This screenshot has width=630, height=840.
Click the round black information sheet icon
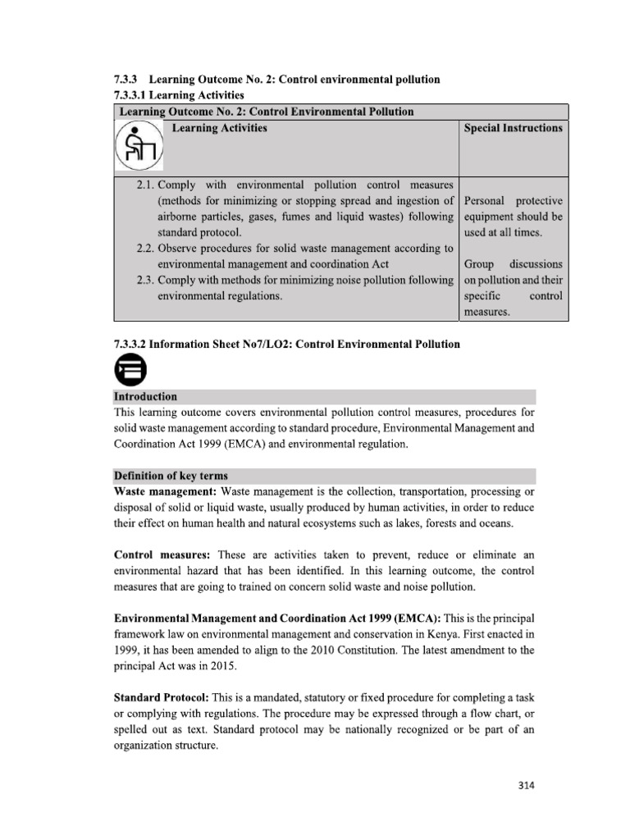tap(130, 371)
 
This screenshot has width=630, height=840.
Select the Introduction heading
tap(144, 396)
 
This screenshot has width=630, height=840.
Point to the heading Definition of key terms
tap(171, 476)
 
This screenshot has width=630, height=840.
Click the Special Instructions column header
tap(513, 128)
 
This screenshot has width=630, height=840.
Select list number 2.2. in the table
tap(145, 248)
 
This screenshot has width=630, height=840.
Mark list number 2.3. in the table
tap(145, 280)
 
